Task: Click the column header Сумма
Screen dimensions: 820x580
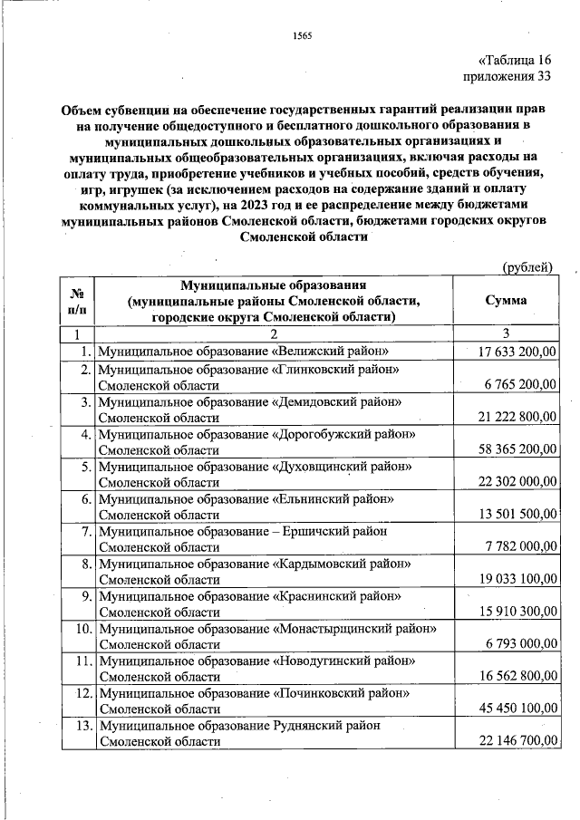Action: pos(507,301)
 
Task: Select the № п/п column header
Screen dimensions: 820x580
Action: pos(77,301)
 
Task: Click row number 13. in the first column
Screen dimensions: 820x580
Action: pos(82,726)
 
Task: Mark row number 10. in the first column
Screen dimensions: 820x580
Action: pos(82,628)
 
